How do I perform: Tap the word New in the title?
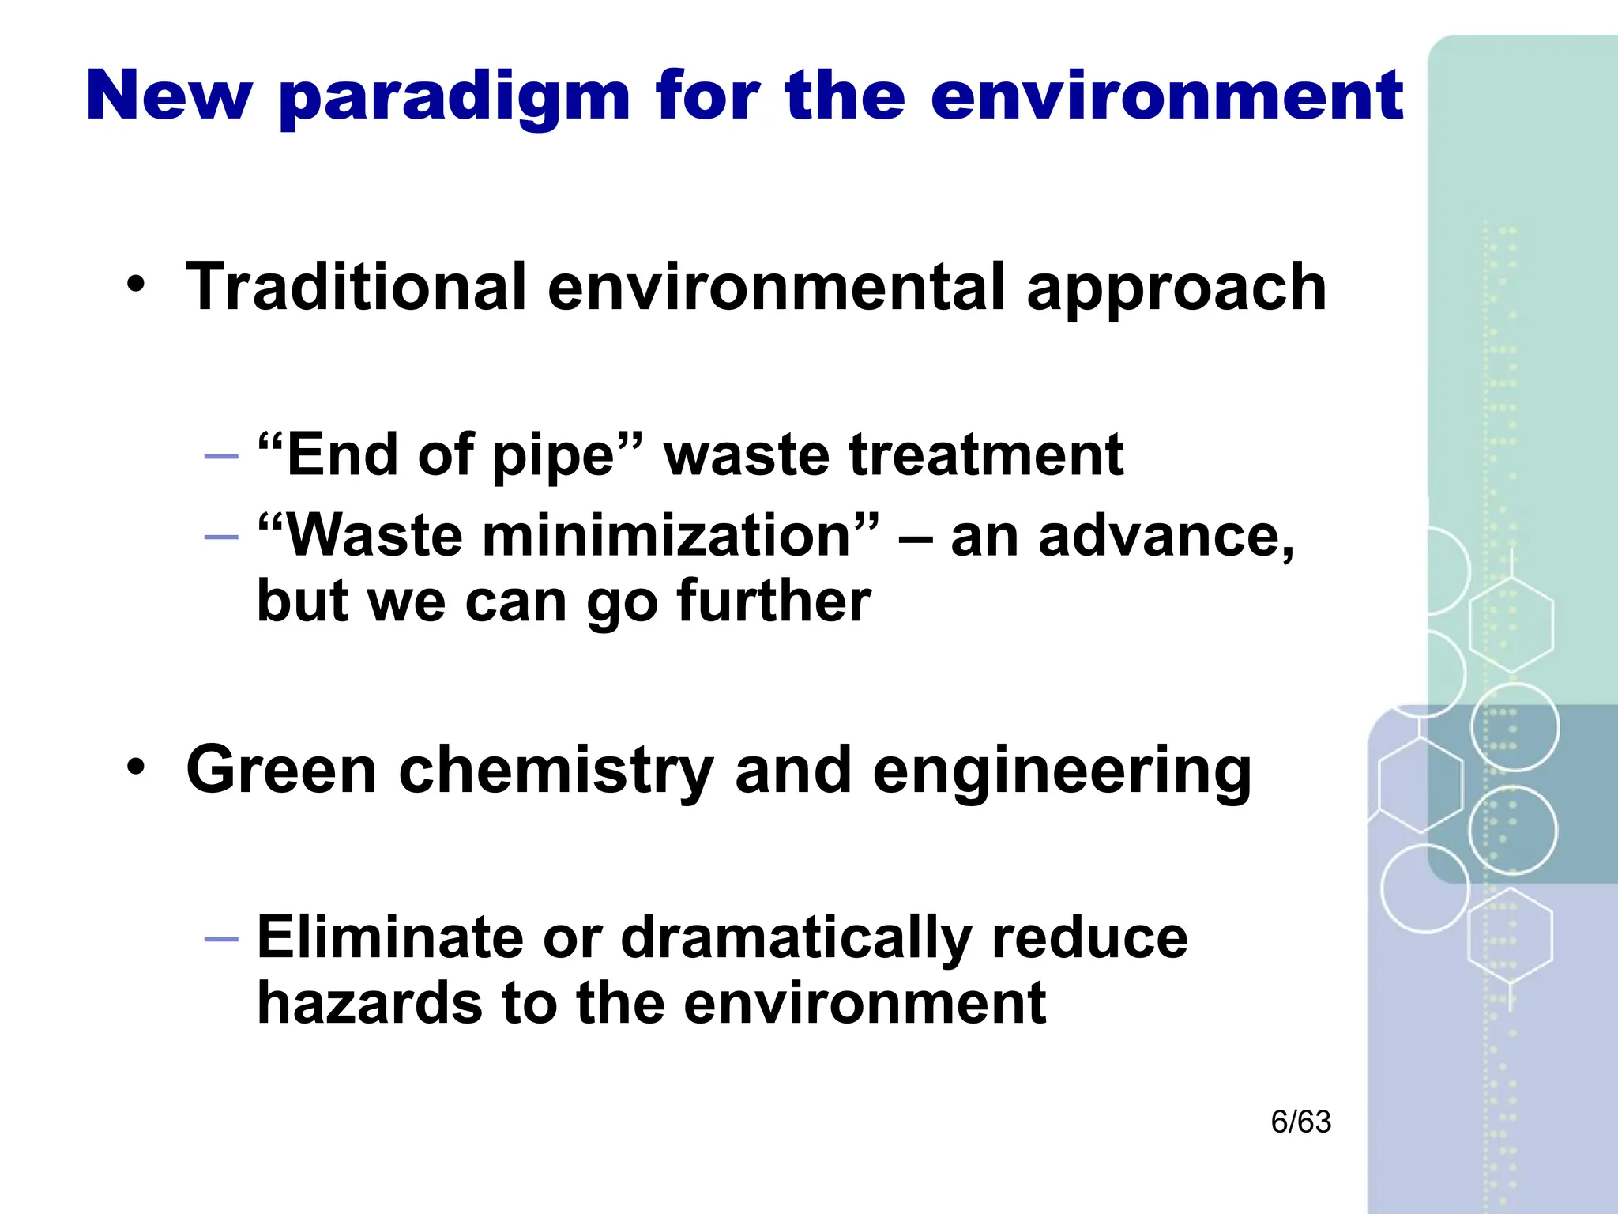point(169,96)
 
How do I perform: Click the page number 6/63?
point(1300,1122)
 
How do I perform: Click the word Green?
point(281,770)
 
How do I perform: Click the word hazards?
point(369,1004)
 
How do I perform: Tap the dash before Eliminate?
point(220,939)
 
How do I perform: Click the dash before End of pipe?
point(220,457)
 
